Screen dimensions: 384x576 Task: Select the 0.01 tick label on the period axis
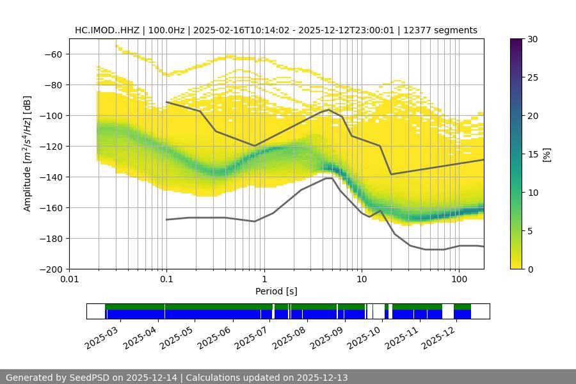pos(69,279)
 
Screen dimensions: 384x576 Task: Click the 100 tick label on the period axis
pos(458,279)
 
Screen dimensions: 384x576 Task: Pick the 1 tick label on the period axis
pos(264,279)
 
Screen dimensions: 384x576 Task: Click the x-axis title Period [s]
pos(276,291)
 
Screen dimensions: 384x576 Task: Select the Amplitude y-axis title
pos(28,154)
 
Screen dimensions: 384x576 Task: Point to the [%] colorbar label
pos(547,154)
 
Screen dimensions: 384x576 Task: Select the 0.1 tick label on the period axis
pos(166,279)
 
